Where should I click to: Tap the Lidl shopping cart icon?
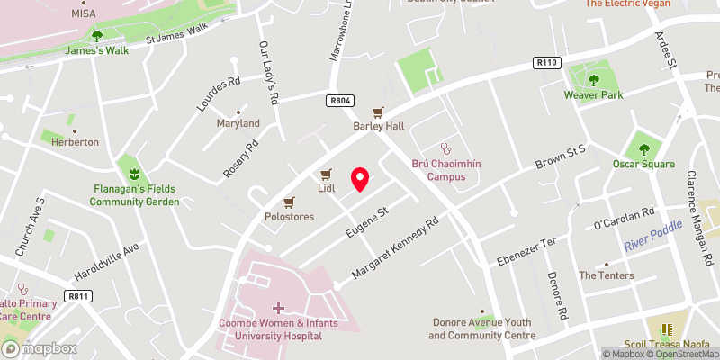click(326, 174)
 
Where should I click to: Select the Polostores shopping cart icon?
click(289, 202)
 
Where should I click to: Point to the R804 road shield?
click(338, 101)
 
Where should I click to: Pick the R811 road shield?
click(79, 294)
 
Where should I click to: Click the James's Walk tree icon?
click(97, 37)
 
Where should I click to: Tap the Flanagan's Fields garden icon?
click(133, 172)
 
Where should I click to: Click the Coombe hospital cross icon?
click(278, 308)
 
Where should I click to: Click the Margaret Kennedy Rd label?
click(395, 246)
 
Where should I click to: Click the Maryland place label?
click(238, 123)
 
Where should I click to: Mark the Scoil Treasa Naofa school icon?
click(667, 330)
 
